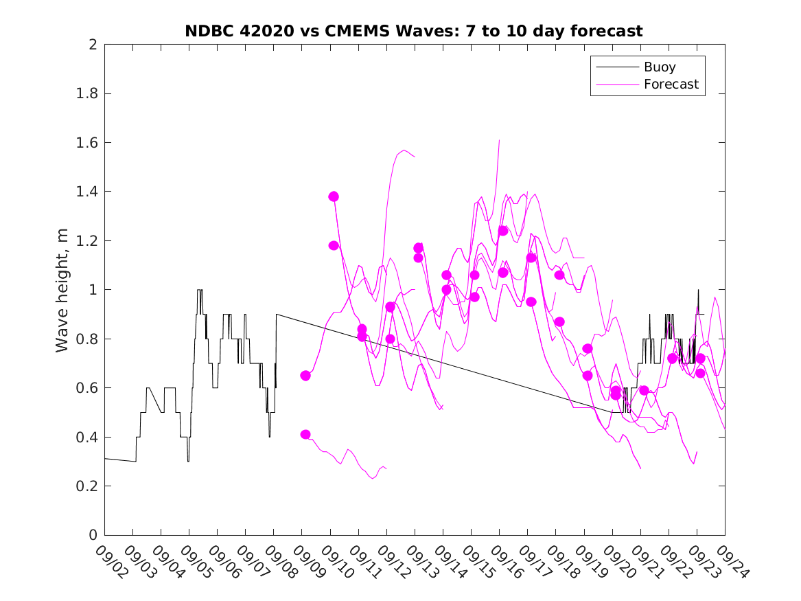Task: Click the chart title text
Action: click(x=414, y=31)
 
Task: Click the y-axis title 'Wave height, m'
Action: click(x=62, y=290)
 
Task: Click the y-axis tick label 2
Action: click(x=92, y=45)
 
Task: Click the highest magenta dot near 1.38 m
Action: click(x=334, y=196)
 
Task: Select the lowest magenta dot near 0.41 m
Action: click(x=305, y=434)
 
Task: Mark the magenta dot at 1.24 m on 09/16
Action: click(x=503, y=231)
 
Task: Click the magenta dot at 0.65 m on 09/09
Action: click(x=305, y=376)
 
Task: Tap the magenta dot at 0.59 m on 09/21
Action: click(x=644, y=390)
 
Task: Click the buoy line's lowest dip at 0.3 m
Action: click(x=188, y=461)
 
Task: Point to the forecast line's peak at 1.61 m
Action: click(x=499, y=140)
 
